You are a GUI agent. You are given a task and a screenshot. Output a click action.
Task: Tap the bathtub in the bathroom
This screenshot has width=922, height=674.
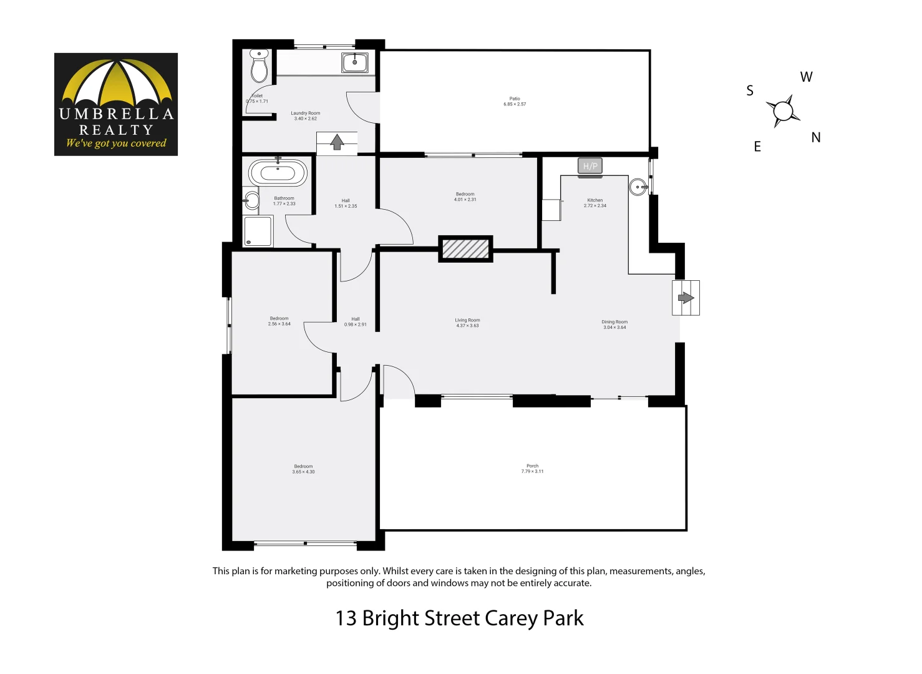coord(278,173)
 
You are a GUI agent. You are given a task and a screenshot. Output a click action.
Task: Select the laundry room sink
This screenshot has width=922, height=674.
coord(355,62)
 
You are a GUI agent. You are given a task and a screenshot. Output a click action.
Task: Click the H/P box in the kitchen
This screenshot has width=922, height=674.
coord(590,166)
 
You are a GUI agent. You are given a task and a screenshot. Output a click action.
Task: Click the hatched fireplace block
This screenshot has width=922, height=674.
coord(465,248)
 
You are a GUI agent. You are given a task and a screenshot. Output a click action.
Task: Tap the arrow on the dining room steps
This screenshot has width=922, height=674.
coord(686,298)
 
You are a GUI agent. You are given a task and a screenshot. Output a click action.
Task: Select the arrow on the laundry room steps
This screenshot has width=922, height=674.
coord(337,142)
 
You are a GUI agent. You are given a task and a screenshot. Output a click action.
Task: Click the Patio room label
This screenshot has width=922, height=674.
coord(515,99)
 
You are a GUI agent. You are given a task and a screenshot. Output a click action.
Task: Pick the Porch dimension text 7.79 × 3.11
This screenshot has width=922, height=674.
coord(532,472)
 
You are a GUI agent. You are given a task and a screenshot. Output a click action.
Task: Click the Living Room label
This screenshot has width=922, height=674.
coord(467,320)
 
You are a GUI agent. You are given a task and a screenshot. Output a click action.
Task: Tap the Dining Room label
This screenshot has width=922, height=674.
coord(614,322)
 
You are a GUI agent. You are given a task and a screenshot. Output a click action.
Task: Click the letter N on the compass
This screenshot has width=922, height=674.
coord(815,138)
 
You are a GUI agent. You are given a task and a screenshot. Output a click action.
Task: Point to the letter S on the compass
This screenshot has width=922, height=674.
coord(750,91)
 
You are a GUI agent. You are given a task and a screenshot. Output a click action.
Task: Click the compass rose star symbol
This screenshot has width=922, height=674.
coord(783,112)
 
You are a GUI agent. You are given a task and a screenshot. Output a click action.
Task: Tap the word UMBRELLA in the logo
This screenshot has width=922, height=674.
coord(116,114)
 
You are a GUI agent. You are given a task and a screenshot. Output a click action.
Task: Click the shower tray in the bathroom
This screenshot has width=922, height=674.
coord(258,231)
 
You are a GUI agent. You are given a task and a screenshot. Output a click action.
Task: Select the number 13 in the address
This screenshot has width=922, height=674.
coord(346,618)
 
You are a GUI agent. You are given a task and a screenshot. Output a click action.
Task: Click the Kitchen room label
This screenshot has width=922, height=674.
coord(594,200)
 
